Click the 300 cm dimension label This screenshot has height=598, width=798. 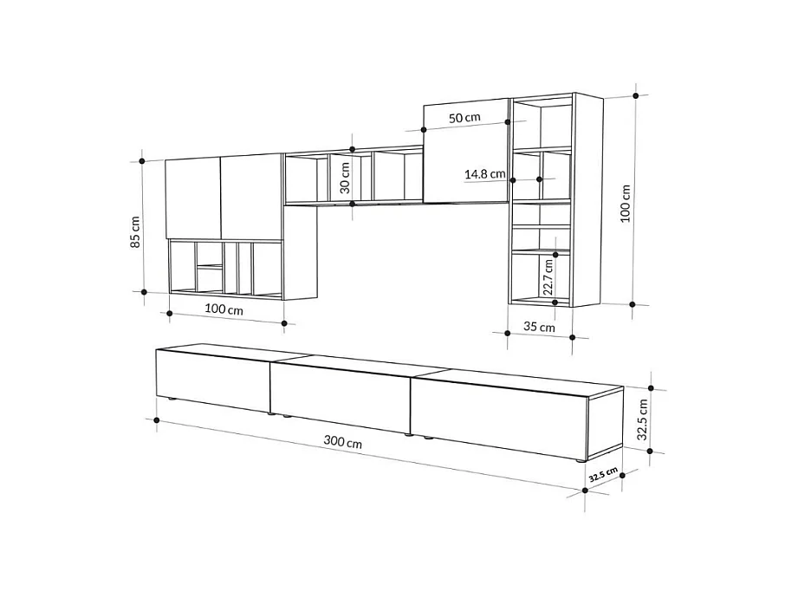343,441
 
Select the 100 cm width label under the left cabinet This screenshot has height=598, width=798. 224,309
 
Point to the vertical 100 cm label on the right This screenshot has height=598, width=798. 626,204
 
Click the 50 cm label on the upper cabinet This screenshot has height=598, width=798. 464,117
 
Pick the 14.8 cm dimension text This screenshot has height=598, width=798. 484,174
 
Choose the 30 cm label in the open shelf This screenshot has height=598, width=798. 344,177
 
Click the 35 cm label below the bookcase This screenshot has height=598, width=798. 540,328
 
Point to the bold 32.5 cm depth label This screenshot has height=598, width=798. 603,474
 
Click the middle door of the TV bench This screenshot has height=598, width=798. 340,395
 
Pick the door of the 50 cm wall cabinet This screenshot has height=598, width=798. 464,152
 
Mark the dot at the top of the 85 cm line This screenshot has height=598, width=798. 141,160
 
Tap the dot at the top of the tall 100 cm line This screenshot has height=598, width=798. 637,95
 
